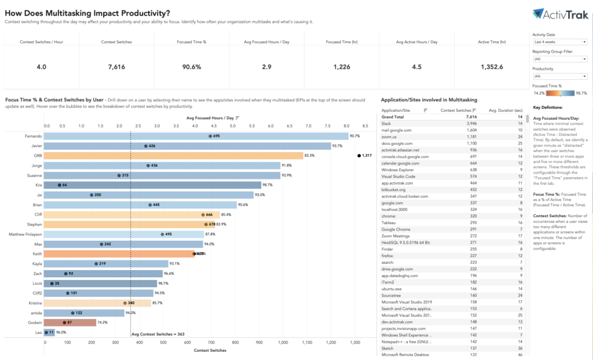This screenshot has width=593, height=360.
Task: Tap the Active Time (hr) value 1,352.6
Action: point(491,67)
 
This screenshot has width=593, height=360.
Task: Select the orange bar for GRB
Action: point(174,155)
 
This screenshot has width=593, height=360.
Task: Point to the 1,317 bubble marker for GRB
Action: point(360,155)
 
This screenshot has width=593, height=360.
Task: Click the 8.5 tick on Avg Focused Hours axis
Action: point(365,124)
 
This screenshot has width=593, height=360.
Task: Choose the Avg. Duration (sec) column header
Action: point(506,109)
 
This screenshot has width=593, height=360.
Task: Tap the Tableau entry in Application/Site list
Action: point(388,222)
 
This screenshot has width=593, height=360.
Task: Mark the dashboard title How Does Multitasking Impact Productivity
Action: point(88,13)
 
